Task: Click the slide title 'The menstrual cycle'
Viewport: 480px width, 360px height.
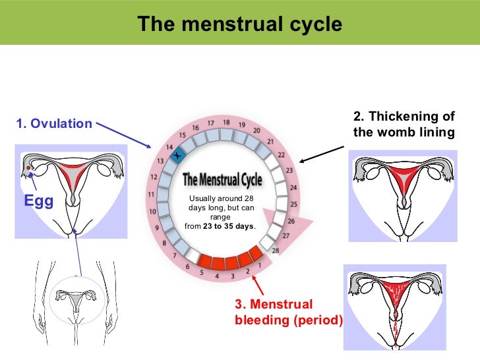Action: (240, 24)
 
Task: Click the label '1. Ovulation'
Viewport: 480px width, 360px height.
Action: (54, 124)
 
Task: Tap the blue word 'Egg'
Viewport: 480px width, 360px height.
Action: (39, 201)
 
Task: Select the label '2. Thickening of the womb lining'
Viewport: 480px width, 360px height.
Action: (404, 125)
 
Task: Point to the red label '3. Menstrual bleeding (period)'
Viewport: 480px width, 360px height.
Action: (289, 313)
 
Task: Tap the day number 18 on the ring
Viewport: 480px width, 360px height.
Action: (226, 122)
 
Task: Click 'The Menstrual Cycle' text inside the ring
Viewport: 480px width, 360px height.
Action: (222, 179)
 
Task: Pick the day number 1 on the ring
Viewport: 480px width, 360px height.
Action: (259, 265)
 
